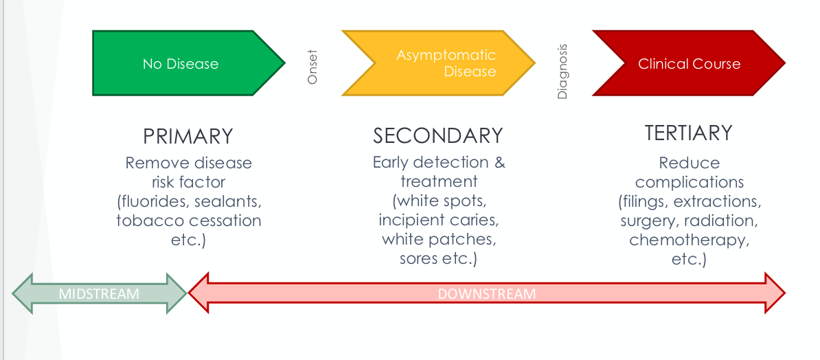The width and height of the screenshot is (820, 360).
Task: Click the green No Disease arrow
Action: coord(181,64)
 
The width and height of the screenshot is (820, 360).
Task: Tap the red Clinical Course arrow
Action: coord(689,64)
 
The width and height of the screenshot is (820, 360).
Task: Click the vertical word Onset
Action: coord(313,67)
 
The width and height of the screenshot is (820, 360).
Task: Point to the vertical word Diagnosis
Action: coord(562,71)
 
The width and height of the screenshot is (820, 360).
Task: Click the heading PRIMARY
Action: coord(188,136)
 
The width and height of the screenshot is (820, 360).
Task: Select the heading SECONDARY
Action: coord(438,135)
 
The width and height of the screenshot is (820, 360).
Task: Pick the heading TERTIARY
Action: coord(689,133)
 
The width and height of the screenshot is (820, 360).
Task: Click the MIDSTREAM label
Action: coord(99,294)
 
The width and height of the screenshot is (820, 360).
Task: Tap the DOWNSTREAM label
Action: coord(487,294)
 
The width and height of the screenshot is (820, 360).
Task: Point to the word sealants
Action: coord(228,202)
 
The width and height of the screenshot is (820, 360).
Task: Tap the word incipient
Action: coord(409,221)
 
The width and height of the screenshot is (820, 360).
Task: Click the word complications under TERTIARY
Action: coord(689,182)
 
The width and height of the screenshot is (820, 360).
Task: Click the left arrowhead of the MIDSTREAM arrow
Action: coord(23,294)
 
